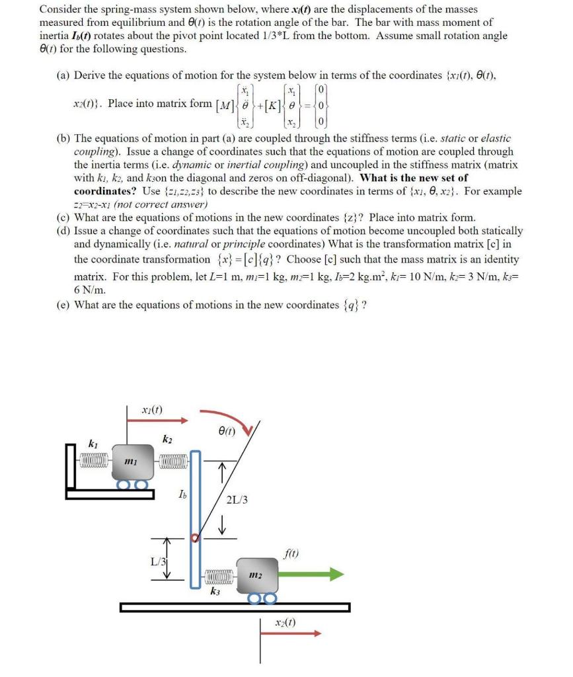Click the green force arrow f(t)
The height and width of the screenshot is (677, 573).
click(311, 573)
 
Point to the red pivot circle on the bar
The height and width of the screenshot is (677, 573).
click(195, 538)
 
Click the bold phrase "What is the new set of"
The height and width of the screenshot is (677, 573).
click(414, 177)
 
